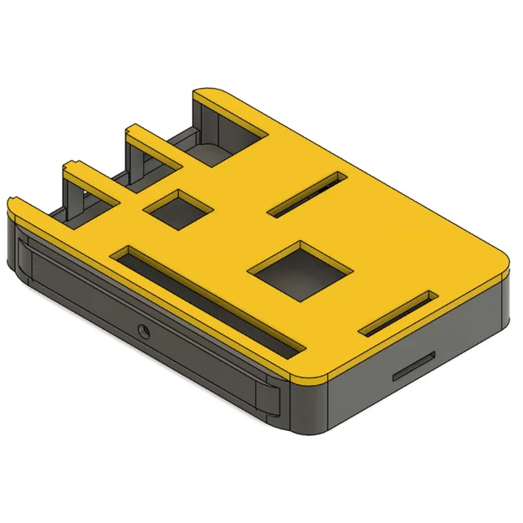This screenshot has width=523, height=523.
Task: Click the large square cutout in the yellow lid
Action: click(301, 269)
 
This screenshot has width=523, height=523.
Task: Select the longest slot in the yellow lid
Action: click(209, 300)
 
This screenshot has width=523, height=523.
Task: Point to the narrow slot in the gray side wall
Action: click(413, 367)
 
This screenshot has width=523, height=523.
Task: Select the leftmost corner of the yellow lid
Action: click(13, 206)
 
